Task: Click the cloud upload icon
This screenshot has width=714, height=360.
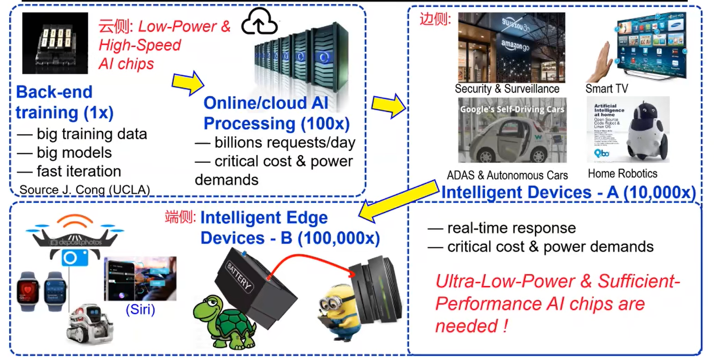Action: click(260, 23)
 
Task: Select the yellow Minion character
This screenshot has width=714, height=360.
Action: click(338, 313)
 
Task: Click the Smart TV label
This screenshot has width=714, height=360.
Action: click(606, 89)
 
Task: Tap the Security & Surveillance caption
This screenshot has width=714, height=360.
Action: click(507, 89)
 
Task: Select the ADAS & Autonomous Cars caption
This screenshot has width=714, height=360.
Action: click(507, 175)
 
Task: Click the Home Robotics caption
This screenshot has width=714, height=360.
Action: click(623, 174)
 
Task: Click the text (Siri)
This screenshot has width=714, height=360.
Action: click(140, 309)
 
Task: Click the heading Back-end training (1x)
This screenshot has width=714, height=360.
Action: click(64, 102)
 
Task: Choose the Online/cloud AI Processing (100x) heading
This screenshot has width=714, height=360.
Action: click(276, 113)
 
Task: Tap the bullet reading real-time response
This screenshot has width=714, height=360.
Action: click(501, 228)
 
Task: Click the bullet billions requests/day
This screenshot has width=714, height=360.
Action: click(275, 143)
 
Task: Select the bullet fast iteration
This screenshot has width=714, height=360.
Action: click(69, 171)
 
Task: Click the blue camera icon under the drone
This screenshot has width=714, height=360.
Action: click(75, 258)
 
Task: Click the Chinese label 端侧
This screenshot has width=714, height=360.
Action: click(180, 217)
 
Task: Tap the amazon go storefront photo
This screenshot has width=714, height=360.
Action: click(511, 48)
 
